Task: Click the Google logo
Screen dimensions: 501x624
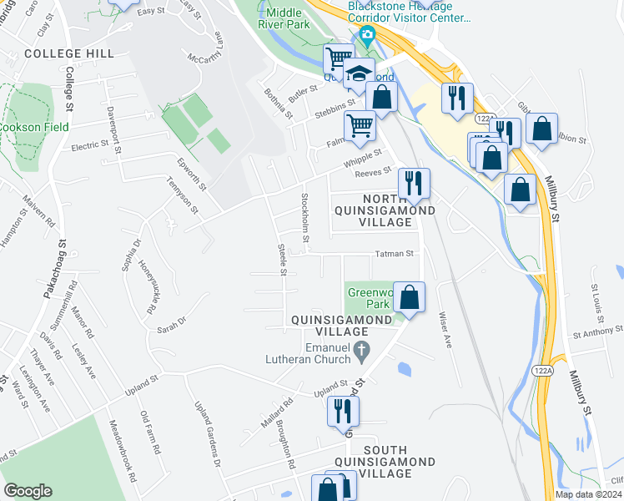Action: pyautogui.click(x=28, y=490)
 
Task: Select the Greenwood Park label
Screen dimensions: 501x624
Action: pyautogui.click(x=369, y=299)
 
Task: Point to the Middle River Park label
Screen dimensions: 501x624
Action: pyautogui.click(x=284, y=18)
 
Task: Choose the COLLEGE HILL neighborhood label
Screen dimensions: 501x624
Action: pyautogui.click(x=69, y=53)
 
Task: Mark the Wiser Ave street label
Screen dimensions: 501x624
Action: pyautogui.click(x=445, y=330)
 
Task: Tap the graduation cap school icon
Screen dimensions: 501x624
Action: pyautogui.click(x=359, y=73)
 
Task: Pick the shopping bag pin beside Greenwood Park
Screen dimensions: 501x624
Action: pyautogui.click(x=409, y=296)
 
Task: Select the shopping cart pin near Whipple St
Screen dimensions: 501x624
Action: pyautogui.click(x=360, y=125)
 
